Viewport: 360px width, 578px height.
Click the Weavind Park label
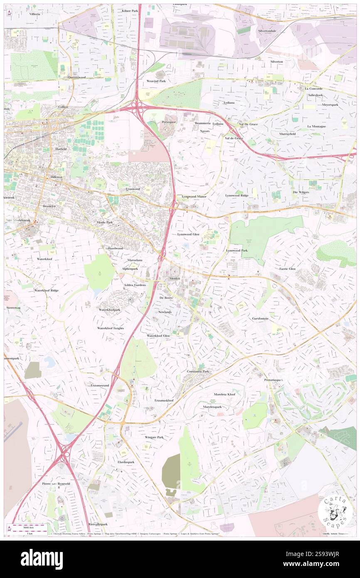[x=156, y=81]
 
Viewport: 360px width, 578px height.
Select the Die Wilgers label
[x=301, y=192]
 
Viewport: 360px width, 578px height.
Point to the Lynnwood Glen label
[x=188, y=235]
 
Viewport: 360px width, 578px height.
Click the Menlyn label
[x=175, y=278]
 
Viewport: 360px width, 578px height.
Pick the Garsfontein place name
[x=260, y=319]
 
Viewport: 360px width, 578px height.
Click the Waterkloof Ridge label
[x=46, y=290]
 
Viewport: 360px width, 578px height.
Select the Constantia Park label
[x=198, y=371]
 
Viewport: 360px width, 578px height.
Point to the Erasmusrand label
[x=100, y=385]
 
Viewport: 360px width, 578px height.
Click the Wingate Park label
[x=154, y=437]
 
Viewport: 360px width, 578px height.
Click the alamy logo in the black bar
[x=42, y=559]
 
